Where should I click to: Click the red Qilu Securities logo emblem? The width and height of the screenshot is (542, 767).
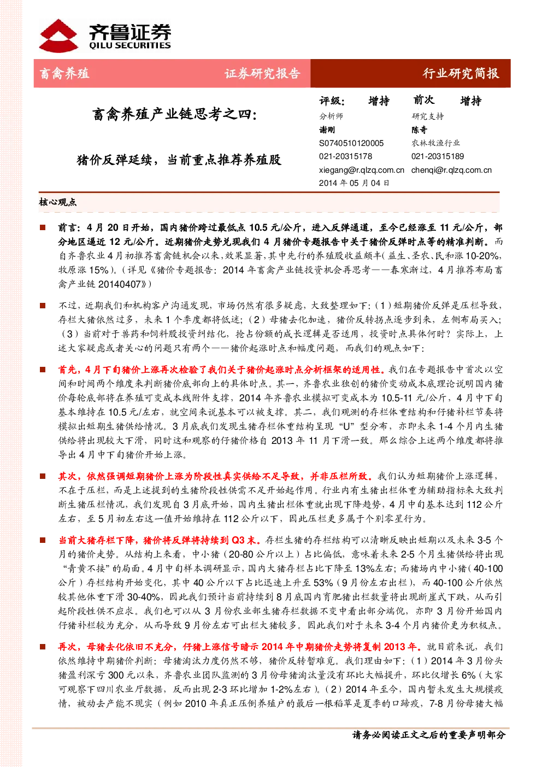58,36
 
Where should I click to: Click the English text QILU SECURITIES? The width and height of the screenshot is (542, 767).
129,45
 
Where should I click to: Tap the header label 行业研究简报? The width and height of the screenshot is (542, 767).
461,73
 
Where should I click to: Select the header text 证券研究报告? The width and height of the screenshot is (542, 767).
262,73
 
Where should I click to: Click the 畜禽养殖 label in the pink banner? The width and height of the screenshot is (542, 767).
64,73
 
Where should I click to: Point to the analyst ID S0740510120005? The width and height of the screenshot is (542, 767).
351,143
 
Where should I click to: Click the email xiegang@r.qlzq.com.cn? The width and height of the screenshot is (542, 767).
361,170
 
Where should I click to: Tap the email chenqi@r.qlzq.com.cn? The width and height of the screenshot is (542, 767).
451,170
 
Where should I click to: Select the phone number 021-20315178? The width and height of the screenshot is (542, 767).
345,156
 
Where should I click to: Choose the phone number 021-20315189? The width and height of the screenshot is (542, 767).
438,156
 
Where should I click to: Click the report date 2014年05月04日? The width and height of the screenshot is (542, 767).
354,183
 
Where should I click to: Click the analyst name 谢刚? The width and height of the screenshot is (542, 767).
327,130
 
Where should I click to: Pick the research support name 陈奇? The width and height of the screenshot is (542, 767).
419,130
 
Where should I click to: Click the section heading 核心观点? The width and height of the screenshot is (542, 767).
57,202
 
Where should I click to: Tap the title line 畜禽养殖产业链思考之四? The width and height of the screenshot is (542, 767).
174,114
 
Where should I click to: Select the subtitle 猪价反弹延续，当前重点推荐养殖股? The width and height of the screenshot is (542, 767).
179,160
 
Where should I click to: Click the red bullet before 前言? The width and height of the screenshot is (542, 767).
43,227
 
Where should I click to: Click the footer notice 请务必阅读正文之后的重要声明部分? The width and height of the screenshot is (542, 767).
429,735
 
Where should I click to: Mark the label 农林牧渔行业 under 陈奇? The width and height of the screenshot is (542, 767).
435,143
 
